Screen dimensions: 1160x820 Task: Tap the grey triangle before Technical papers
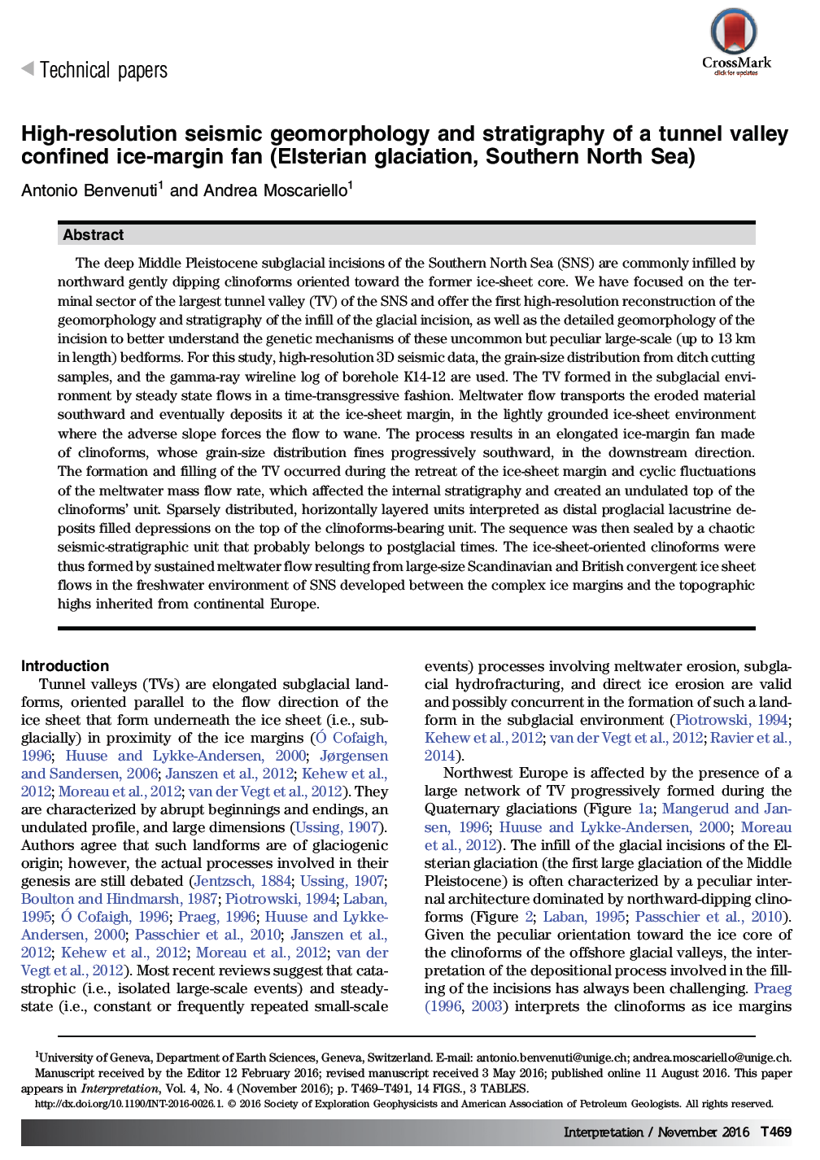click(x=28, y=70)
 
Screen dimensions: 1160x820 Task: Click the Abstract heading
click(x=93, y=235)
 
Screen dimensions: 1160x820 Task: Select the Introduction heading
click(x=65, y=665)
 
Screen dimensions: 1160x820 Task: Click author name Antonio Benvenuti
click(x=89, y=191)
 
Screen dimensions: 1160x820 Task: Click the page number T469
click(x=775, y=1132)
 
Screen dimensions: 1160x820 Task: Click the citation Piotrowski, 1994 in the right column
click(x=731, y=720)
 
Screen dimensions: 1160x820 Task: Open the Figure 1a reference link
click(x=645, y=809)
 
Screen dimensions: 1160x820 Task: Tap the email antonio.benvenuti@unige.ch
click(x=552, y=1058)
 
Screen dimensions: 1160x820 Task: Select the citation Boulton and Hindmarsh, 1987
click(x=120, y=899)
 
